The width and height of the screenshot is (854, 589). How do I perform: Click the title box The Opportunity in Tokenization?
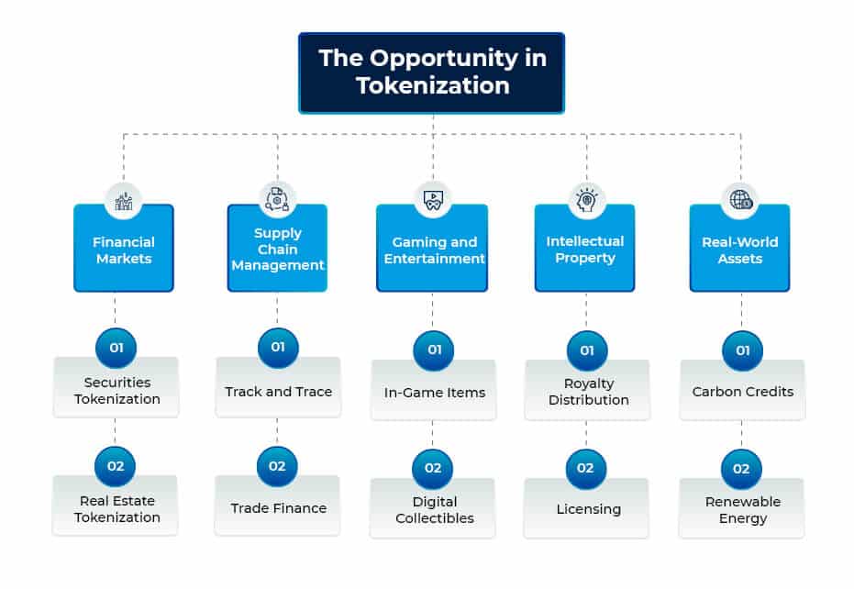[432, 72]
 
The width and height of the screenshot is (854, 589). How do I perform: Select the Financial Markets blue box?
[124, 250]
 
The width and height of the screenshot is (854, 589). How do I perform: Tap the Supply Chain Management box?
[277, 250]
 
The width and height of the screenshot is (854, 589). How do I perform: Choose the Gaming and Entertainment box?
[432, 250]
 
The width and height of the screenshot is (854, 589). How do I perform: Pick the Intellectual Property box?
[585, 250]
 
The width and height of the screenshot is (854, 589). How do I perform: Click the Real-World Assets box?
[739, 250]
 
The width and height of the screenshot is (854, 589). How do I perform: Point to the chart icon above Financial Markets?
[124, 201]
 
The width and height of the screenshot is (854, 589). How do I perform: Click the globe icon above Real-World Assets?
[739, 200]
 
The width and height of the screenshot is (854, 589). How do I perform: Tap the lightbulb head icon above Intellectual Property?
[586, 200]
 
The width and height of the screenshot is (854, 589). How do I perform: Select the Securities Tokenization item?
[116, 391]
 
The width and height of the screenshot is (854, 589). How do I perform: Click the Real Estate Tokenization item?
[116, 509]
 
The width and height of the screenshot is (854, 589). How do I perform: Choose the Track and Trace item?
[278, 392]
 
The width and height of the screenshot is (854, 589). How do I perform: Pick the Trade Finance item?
[278, 508]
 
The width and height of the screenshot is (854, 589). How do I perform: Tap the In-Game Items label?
[434, 393]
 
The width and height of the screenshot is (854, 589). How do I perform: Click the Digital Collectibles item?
[434, 510]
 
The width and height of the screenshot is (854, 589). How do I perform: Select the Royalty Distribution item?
[588, 392]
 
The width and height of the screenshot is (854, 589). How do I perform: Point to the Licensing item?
[588, 509]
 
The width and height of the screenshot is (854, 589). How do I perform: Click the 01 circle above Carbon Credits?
[742, 350]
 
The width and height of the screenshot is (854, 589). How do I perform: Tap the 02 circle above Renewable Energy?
[742, 468]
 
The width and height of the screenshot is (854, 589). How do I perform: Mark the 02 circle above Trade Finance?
[277, 466]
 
